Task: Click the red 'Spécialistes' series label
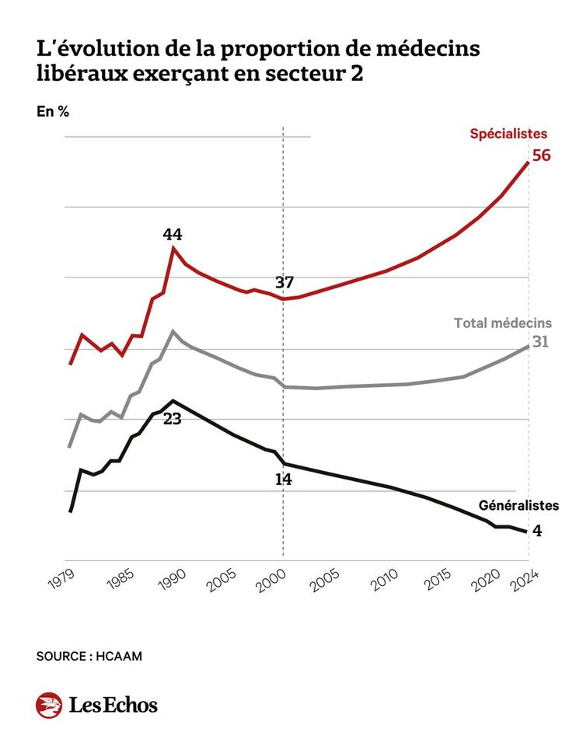(508, 133)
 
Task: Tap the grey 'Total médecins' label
(502, 323)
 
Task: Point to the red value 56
(541, 155)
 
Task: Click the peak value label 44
(173, 234)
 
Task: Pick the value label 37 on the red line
(284, 282)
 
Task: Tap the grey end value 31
(541, 341)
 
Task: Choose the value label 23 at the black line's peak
(173, 418)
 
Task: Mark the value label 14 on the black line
(283, 480)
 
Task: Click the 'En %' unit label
(53, 110)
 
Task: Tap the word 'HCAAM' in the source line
(120, 656)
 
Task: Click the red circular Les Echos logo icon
(48, 704)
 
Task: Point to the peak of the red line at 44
(173, 248)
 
